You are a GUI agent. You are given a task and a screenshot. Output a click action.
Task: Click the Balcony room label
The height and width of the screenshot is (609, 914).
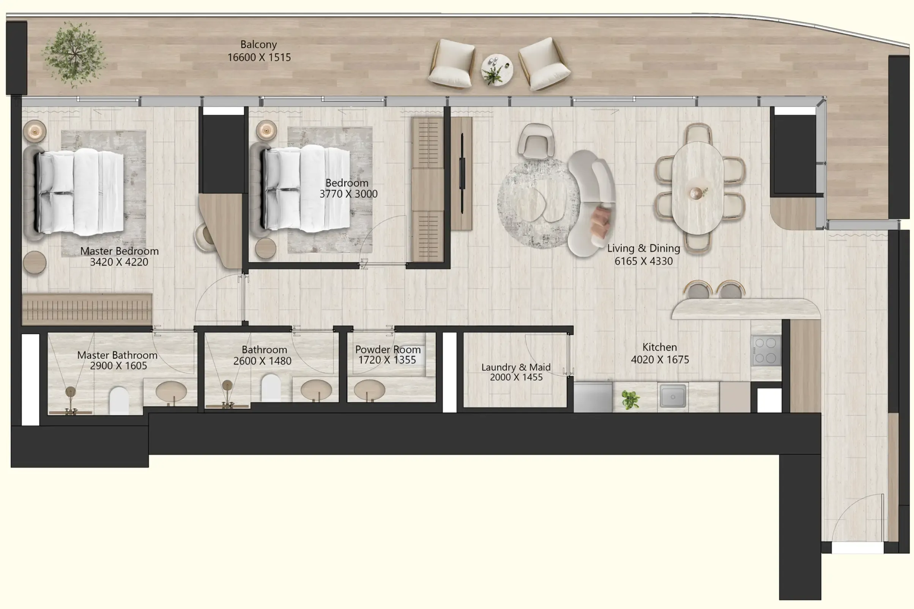pyautogui.click(x=258, y=44)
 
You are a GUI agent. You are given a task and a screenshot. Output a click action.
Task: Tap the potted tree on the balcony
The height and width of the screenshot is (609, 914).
pyautogui.click(x=74, y=54)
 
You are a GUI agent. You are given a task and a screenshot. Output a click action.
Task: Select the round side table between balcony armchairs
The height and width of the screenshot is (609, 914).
pyautogui.click(x=496, y=69)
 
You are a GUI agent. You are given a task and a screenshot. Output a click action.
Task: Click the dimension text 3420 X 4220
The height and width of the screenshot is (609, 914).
pyautogui.click(x=119, y=262)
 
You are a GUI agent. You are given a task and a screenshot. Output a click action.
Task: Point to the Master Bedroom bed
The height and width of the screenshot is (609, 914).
pyautogui.click(x=80, y=192)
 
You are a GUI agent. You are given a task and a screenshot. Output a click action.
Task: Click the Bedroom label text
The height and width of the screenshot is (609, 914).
pyautogui.click(x=347, y=183)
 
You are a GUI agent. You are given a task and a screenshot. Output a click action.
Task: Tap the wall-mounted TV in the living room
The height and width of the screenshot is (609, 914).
pyautogui.click(x=462, y=173)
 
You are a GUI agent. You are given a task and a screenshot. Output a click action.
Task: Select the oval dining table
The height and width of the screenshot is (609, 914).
pyautogui.click(x=697, y=188)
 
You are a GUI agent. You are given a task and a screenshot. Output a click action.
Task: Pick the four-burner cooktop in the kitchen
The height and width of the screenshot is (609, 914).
pyautogui.click(x=766, y=350)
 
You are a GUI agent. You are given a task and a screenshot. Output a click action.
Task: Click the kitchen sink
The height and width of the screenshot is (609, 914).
pyautogui.click(x=673, y=396)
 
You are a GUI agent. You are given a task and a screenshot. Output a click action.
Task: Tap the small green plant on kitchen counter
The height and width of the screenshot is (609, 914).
pyautogui.click(x=630, y=399)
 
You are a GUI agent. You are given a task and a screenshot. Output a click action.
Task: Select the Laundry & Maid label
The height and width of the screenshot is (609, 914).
pyautogui.click(x=515, y=367)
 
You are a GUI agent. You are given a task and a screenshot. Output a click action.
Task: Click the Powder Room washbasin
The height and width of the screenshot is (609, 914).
pyautogui.click(x=369, y=390)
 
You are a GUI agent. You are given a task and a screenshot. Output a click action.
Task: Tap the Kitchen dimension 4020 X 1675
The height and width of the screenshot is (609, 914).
pyautogui.click(x=660, y=360)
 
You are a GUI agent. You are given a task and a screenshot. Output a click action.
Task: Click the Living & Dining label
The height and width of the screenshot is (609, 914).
pyautogui.click(x=643, y=248)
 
